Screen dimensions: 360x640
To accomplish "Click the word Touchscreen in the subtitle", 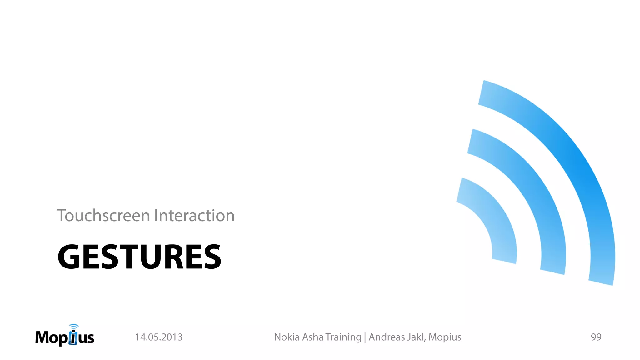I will (103, 216).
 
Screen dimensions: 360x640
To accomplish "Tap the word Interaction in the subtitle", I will (194, 216).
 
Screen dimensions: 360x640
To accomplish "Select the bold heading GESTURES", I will (139, 257).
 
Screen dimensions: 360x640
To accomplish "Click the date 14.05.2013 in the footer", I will (159, 337).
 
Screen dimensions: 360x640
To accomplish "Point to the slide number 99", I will (596, 337).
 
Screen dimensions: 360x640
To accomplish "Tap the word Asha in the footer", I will (313, 337).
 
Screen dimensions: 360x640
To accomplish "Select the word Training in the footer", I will (343, 337).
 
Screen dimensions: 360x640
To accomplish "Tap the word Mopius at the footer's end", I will (445, 337).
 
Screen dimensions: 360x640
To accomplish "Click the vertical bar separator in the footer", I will (365, 337).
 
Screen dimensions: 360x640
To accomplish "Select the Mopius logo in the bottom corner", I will (65, 336).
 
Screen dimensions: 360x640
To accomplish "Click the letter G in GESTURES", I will (69, 257).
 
